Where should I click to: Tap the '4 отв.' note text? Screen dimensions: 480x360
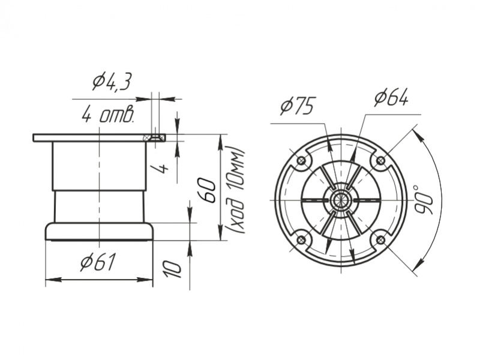click(x=108, y=115)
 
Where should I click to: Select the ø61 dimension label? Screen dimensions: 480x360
click(x=98, y=262)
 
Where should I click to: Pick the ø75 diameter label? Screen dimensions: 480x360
click(x=297, y=106)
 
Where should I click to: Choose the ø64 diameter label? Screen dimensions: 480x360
click(x=391, y=98)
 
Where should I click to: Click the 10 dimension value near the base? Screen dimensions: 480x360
click(x=172, y=269)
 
